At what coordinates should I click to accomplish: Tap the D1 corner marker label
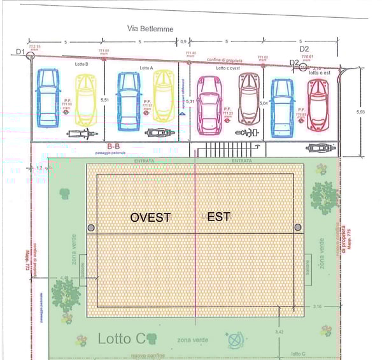tap(20, 52)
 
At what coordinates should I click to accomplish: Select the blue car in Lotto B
tap(47, 97)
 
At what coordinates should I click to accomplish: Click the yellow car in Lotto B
tap(86, 99)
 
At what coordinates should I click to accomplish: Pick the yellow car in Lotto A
tap(164, 96)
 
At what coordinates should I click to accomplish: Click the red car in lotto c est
tap(317, 103)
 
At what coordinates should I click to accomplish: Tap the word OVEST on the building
tap(150, 217)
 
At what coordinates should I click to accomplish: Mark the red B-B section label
tap(114, 146)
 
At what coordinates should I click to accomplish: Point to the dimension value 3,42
tap(278, 332)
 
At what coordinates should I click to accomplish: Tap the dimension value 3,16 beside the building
tap(318, 307)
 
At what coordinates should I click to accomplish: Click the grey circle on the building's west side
tap(91, 227)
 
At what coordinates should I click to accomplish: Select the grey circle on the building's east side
tap(297, 227)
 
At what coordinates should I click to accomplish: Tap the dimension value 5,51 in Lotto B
tap(106, 99)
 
